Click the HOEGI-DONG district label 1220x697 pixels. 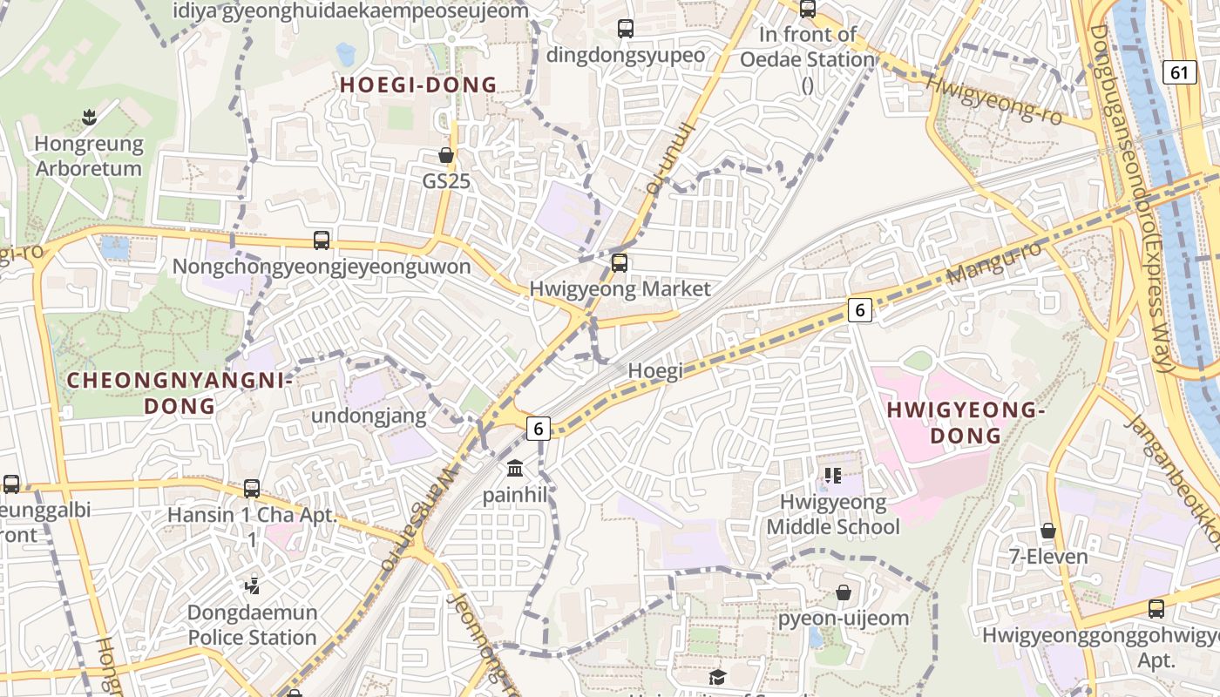418,85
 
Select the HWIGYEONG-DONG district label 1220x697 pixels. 965,423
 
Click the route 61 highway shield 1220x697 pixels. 1179,72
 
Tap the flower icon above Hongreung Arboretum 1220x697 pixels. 88,116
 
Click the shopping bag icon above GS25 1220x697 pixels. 446,156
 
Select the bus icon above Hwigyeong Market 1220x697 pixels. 620,262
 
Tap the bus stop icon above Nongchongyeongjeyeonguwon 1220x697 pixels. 322,240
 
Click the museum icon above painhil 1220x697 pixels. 515,469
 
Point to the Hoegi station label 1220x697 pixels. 654,370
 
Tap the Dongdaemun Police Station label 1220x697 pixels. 253,625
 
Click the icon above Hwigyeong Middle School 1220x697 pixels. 833,476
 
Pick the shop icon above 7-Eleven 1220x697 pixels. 1048,531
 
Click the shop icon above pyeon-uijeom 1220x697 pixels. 844,592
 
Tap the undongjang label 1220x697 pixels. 369,416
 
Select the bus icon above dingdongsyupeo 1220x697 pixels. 626,28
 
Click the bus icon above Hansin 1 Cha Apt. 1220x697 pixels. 252,488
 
